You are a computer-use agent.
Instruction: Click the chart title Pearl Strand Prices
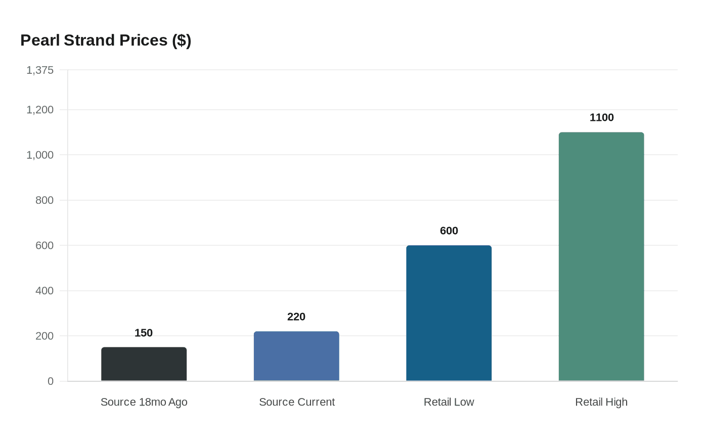[x=106, y=40]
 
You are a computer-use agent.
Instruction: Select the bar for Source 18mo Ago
[x=144, y=364]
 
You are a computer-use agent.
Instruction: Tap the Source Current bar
[x=296, y=356]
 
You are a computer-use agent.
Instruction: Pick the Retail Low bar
[x=449, y=313]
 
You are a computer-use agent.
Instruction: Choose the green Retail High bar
[x=601, y=256]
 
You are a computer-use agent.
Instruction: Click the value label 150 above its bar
[x=144, y=333]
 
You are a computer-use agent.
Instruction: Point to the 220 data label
[x=296, y=317]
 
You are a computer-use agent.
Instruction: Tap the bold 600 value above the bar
[x=449, y=231]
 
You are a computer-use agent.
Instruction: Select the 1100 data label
[x=602, y=117]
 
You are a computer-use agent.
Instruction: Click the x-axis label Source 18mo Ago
[x=144, y=402]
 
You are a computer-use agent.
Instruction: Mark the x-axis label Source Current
[x=297, y=402]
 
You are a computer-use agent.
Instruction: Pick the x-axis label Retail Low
[x=449, y=402]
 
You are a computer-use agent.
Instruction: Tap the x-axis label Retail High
[x=601, y=402]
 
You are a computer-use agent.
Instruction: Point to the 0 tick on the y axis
[x=51, y=381]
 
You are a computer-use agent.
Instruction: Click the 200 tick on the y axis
[x=45, y=336]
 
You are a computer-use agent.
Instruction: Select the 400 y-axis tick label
[x=45, y=291]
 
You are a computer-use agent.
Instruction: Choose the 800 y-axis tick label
[x=45, y=200]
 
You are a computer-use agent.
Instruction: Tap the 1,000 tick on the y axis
[x=40, y=155]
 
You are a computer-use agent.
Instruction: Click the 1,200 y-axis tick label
[x=40, y=110]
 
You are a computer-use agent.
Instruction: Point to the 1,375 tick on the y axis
[x=40, y=70]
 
